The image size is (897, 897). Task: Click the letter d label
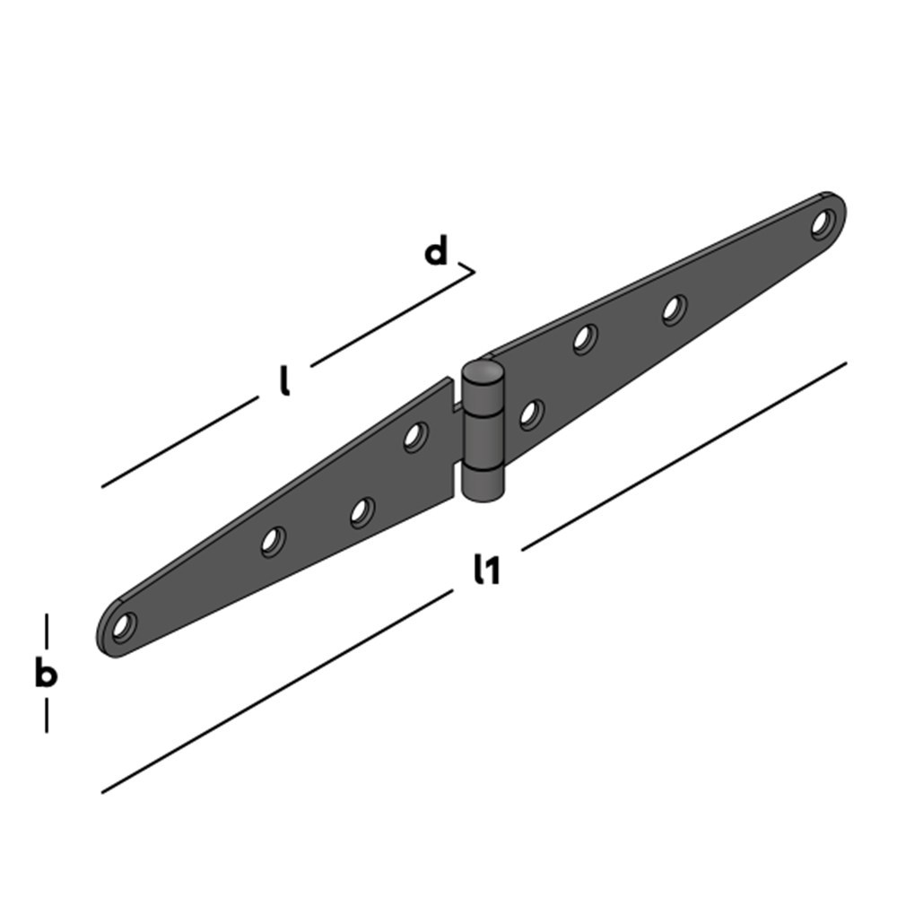[435, 253]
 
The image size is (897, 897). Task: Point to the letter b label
[45, 673]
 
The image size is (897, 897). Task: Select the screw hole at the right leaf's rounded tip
[823, 222]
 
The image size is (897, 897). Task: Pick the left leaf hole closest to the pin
[414, 437]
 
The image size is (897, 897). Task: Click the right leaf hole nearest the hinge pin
[531, 414]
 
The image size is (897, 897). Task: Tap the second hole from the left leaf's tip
[273, 541]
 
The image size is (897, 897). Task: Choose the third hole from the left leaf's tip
[361, 512]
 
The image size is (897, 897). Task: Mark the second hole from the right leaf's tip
[675, 309]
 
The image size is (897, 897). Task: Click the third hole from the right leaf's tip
[585, 339]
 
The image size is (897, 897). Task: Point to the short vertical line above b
[46, 630]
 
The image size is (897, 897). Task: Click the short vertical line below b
[46, 716]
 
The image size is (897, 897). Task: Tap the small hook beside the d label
[467, 267]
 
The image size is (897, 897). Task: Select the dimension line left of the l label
[179, 443]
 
